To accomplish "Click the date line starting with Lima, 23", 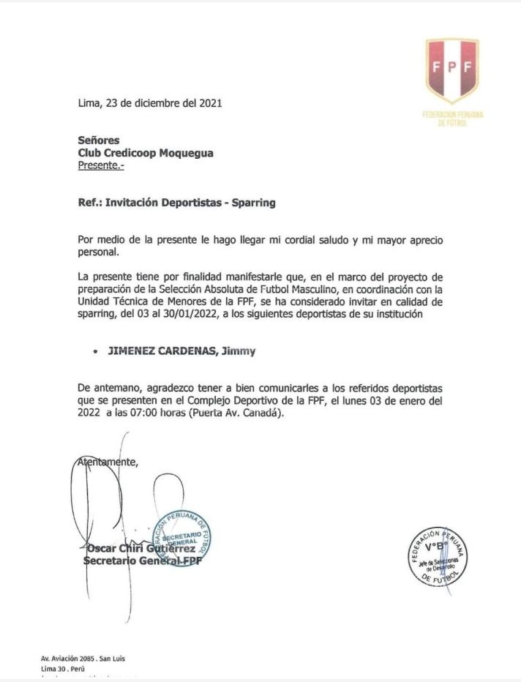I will pyautogui.click(x=150, y=103).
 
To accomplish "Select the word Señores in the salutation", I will pyautogui.click(x=98, y=140).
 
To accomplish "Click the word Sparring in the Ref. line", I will pyautogui.click(x=253, y=203).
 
